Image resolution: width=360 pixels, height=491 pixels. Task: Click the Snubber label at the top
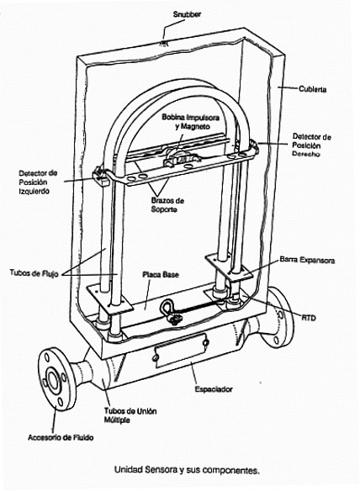click(x=187, y=14)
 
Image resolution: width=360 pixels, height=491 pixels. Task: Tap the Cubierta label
click(x=312, y=89)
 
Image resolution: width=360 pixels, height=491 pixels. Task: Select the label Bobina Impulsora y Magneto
click(x=190, y=122)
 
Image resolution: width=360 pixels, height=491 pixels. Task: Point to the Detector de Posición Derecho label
click(x=311, y=145)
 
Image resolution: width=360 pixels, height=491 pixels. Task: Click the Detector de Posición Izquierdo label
click(x=38, y=182)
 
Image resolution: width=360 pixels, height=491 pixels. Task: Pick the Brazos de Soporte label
click(x=167, y=205)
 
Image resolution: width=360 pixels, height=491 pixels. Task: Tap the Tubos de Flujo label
click(x=34, y=272)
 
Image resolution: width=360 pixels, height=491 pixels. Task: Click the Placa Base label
click(x=161, y=275)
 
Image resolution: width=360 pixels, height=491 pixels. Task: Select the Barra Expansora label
click(x=307, y=260)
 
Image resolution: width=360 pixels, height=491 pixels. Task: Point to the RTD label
click(x=309, y=318)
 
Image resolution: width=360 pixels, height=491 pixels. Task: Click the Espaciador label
click(x=214, y=389)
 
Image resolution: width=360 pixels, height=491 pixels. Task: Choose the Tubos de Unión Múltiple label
click(x=130, y=415)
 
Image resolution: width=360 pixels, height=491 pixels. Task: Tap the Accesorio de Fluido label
click(x=61, y=437)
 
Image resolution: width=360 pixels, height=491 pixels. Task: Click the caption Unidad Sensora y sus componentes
click(x=187, y=470)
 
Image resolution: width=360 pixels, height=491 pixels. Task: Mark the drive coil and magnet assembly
click(x=180, y=156)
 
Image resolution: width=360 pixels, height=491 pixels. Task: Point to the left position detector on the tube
click(x=100, y=176)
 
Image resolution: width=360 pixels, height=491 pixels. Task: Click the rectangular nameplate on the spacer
click(x=180, y=351)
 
